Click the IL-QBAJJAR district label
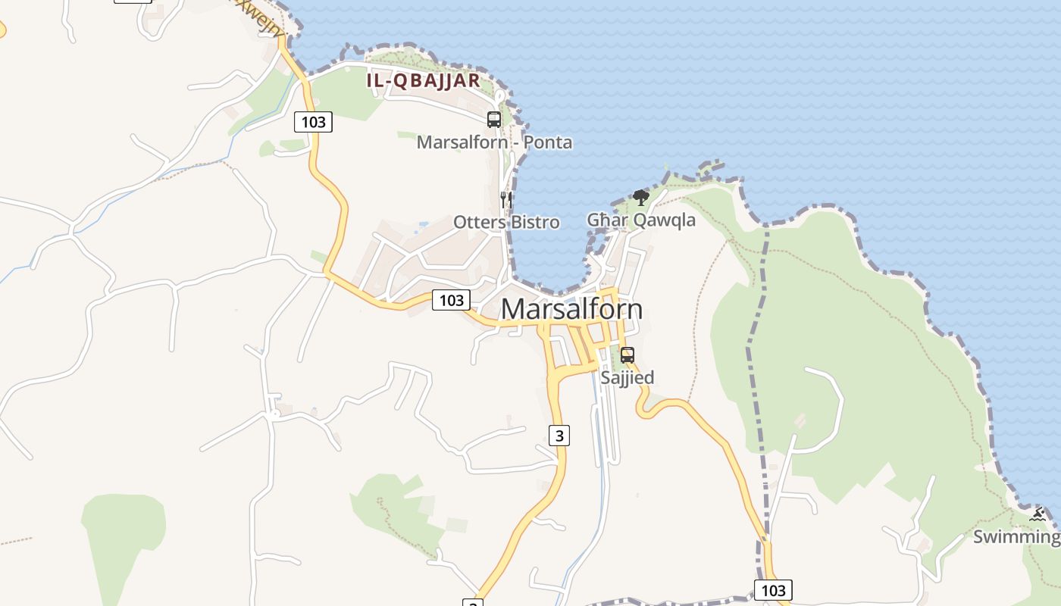[x=424, y=80]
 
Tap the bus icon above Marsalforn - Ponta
[x=494, y=119]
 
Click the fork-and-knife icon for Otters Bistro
[x=506, y=200]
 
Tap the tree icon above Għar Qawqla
[x=641, y=198]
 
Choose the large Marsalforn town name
[x=571, y=309]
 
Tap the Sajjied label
[x=627, y=376]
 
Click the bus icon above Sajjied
[x=628, y=355]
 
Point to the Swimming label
[x=1016, y=537]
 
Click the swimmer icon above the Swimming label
[x=1038, y=516]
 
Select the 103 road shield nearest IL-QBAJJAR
[x=313, y=121]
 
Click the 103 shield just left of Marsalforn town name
[x=451, y=300]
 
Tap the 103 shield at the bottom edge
[x=773, y=590]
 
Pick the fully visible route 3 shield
[x=559, y=435]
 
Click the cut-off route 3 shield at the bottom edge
[x=473, y=602]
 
